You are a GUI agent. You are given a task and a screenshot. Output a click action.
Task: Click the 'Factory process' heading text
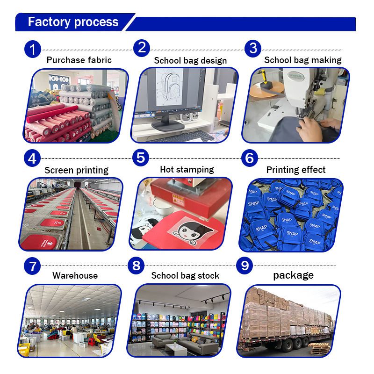(73, 22)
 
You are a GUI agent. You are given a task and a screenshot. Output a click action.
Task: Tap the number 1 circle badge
(33, 50)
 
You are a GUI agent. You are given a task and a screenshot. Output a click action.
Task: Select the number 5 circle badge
(141, 158)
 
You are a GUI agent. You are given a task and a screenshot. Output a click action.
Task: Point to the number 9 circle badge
(245, 265)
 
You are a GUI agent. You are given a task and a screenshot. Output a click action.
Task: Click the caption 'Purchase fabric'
(79, 60)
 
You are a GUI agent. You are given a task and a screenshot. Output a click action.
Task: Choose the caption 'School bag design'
(190, 61)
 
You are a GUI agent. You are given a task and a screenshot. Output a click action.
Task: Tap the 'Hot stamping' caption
(187, 170)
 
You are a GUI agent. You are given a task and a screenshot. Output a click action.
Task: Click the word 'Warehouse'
(75, 275)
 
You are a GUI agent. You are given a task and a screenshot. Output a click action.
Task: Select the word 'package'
(294, 275)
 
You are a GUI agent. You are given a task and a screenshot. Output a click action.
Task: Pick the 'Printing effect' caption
(296, 170)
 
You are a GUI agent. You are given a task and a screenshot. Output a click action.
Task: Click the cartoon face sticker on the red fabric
(193, 232)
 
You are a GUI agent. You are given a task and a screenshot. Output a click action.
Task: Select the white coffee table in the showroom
(176, 349)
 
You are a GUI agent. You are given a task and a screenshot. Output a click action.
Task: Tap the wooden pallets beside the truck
(320, 348)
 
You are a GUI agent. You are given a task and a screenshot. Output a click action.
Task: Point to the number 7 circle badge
(32, 266)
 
